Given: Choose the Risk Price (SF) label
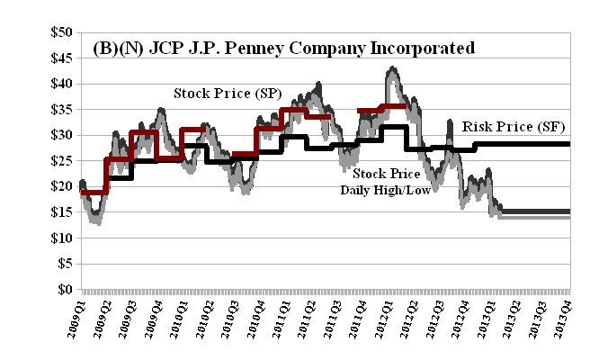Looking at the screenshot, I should tap(508, 128).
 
